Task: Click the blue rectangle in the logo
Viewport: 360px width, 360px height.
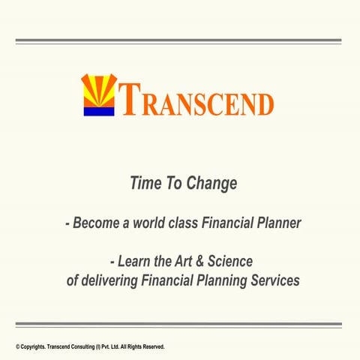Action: (x=97, y=111)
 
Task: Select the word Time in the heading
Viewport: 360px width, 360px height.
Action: (x=145, y=183)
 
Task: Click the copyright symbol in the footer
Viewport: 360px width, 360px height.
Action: (x=17, y=347)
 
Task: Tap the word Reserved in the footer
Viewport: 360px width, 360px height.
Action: (x=151, y=347)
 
